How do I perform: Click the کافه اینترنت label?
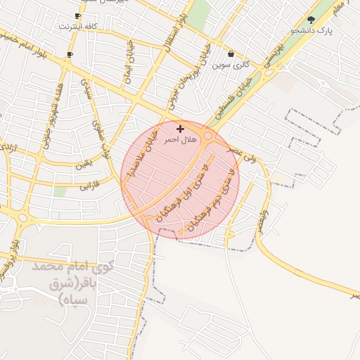(x=77, y=26)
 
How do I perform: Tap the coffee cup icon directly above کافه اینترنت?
(x=77, y=15)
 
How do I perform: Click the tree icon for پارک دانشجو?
(x=311, y=20)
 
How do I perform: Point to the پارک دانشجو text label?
(x=311, y=31)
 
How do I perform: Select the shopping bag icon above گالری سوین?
(x=231, y=54)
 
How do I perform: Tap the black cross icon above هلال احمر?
(x=181, y=129)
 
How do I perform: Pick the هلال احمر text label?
(x=181, y=140)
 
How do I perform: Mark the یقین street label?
(x=84, y=164)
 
